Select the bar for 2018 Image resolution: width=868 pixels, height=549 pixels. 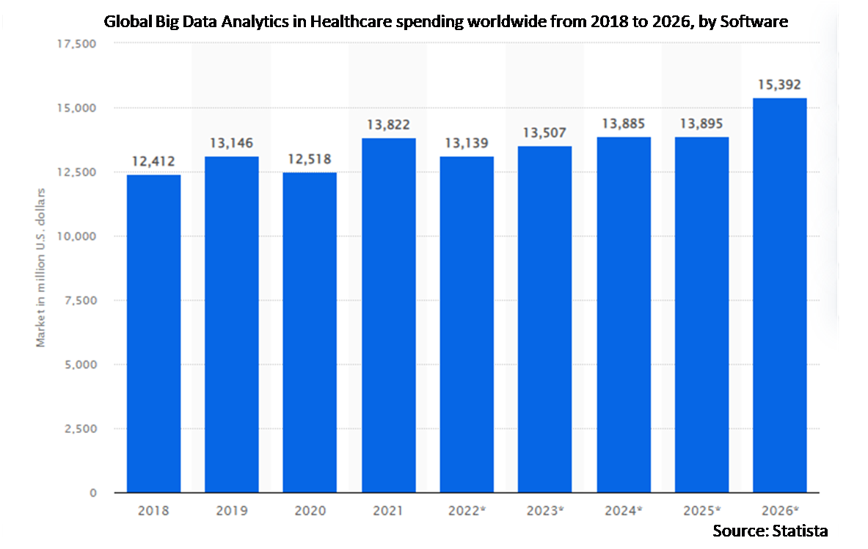[x=153, y=334]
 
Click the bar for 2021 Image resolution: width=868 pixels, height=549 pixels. [x=388, y=316]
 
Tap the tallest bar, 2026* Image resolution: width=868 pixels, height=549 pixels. [x=780, y=295]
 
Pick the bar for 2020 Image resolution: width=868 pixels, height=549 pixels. [x=310, y=332]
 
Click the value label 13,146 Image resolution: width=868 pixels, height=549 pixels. [x=232, y=142]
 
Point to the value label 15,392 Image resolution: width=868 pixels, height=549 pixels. [x=780, y=84]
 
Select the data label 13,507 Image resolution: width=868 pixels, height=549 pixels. [x=545, y=133]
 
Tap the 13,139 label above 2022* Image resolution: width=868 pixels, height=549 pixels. [x=467, y=142]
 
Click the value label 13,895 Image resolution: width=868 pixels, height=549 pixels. [x=701, y=123]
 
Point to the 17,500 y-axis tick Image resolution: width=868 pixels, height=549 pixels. [x=76, y=44]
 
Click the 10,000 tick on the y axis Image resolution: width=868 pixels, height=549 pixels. [x=76, y=236]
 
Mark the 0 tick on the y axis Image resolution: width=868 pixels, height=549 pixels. [x=93, y=493]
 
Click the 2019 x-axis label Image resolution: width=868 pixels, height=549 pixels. [x=232, y=511]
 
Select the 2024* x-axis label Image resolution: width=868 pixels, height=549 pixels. [x=624, y=511]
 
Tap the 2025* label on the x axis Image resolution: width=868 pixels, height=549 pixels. [x=701, y=511]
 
